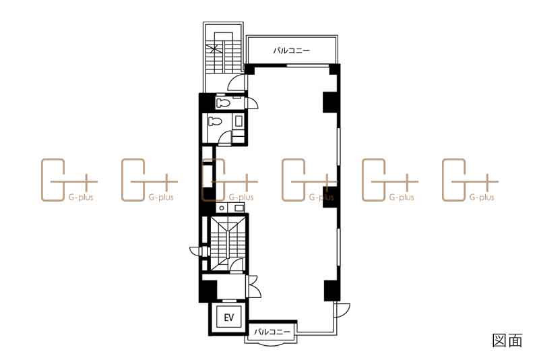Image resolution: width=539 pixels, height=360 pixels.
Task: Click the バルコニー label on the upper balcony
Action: (292, 51)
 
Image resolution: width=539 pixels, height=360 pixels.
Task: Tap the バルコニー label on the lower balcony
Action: (272, 332)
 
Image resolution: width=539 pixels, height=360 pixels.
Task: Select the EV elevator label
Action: (229, 318)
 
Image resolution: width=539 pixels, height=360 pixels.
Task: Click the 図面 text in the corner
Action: (507, 340)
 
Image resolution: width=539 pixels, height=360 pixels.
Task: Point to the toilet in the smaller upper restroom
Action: (222, 102)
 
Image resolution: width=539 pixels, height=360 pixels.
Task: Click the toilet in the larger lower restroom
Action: (215, 121)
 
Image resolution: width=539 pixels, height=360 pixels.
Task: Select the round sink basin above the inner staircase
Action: (222, 208)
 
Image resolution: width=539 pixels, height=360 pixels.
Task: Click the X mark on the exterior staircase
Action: (214, 49)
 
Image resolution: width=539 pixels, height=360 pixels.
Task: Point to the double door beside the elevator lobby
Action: (255, 287)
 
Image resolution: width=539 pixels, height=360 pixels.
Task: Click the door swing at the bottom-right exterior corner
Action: (342, 311)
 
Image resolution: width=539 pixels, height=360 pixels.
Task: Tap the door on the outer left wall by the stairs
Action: (195, 251)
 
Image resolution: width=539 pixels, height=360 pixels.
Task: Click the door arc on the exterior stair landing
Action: (236, 83)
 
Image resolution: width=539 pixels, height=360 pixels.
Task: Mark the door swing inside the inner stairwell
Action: (236, 265)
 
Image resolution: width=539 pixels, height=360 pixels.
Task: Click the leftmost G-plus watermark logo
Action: (69, 180)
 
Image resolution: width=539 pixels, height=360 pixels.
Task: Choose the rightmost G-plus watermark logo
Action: (470, 180)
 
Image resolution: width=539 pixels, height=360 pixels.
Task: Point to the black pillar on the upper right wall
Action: (331, 102)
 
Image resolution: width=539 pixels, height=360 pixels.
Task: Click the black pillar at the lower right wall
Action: (331, 291)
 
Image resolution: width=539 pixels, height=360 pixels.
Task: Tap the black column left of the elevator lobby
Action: (209, 291)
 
